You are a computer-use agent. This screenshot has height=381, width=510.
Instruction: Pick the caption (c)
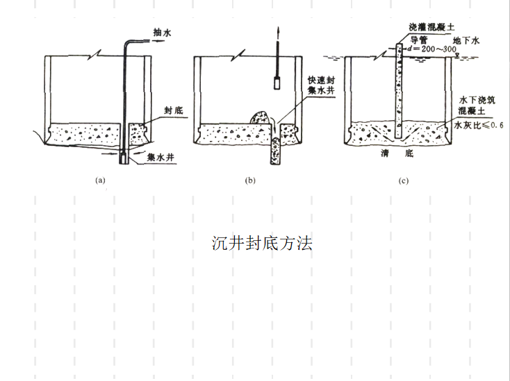click(403, 181)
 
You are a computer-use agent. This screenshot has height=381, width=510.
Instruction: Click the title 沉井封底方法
click(262, 243)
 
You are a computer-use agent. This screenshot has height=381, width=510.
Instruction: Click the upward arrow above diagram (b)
click(277, 33)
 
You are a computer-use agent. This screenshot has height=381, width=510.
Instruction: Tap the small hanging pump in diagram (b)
click(277, 83)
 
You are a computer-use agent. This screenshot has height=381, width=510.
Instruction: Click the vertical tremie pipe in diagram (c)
click(399, 90)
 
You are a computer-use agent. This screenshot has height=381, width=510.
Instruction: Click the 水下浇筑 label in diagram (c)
click(477, 101)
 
